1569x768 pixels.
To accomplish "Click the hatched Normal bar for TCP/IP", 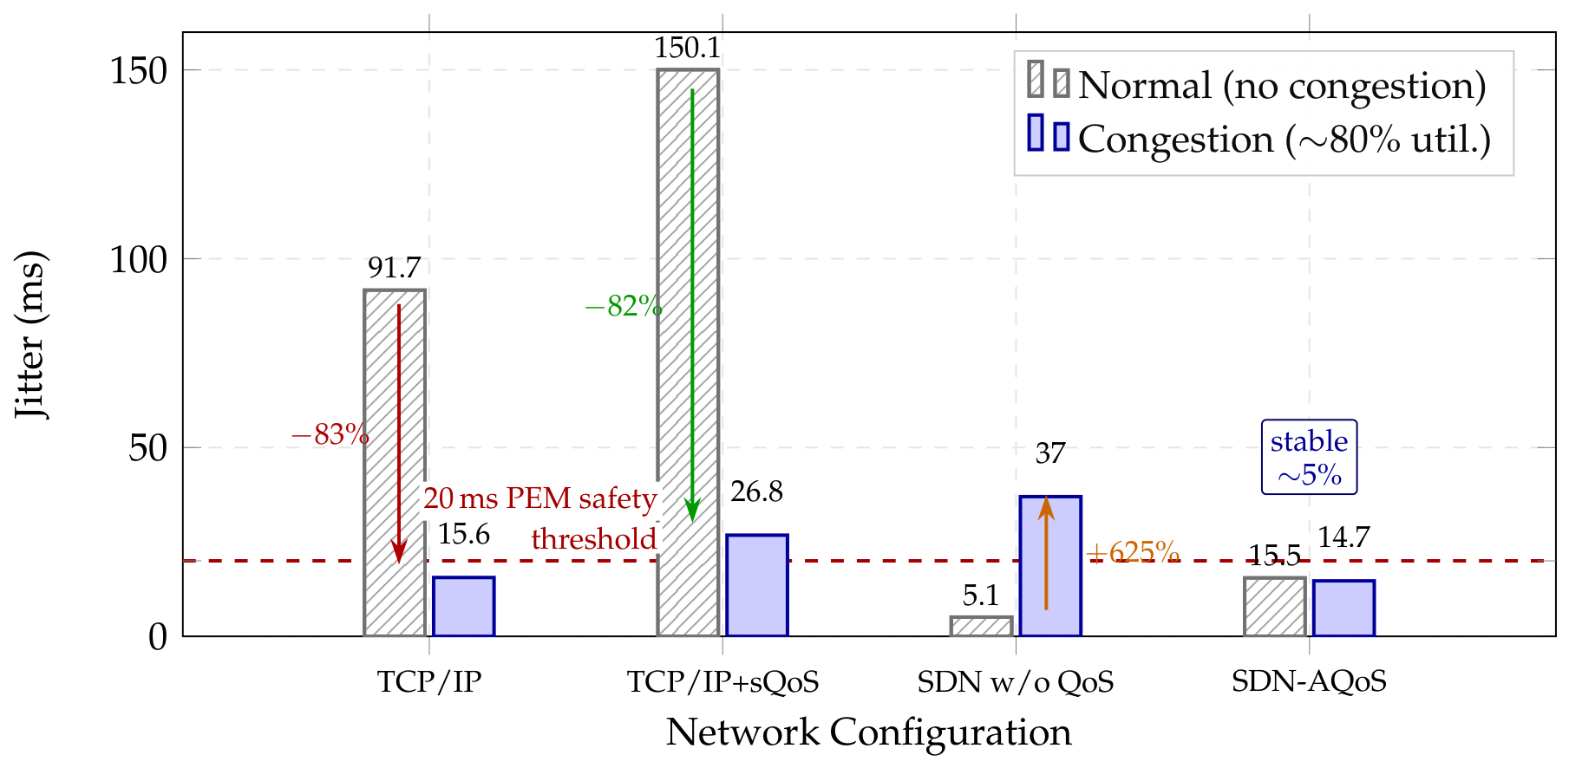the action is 395,463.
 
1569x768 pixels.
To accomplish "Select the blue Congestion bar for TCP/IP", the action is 464,607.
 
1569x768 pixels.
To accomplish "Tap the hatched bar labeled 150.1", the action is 688,353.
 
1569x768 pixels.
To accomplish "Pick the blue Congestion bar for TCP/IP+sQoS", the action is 757,586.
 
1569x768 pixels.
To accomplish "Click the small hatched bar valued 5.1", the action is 981,627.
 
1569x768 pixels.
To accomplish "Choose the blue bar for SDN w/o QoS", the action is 1050,567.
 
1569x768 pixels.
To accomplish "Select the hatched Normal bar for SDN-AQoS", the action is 1274,607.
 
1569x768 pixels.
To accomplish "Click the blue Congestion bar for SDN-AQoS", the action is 1343,609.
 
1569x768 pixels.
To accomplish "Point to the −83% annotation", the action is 330,434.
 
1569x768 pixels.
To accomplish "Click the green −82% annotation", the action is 624,306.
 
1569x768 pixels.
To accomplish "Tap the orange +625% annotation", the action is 1132,552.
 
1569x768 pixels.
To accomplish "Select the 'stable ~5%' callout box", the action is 1309,458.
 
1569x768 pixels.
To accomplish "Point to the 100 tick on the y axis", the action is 139,259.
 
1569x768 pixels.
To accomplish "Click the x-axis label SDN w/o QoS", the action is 1016,682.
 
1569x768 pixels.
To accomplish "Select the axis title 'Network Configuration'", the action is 869,732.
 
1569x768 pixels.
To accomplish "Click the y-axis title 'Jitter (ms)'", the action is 30,335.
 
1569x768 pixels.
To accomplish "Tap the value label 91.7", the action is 394,268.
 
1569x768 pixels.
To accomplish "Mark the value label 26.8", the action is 756,492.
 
